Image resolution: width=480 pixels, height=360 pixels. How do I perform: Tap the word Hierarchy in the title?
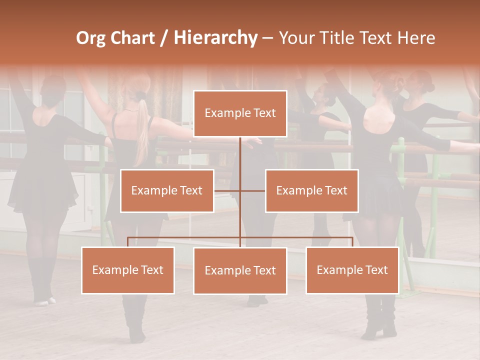point(215,38)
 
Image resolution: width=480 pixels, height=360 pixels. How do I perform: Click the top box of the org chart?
point(240,113)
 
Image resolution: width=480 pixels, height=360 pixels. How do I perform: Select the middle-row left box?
point(167,190)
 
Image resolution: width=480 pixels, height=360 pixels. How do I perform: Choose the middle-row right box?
point(311,190)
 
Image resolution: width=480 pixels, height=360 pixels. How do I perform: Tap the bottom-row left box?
point(127,270)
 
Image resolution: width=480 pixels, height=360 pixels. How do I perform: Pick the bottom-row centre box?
point(240,270)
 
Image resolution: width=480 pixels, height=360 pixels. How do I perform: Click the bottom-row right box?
point(352,270)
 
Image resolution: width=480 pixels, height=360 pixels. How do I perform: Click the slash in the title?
point(164,38)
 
